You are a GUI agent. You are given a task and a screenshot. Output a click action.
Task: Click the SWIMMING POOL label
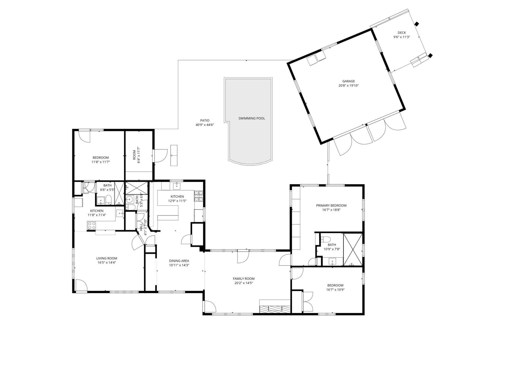(251, 118)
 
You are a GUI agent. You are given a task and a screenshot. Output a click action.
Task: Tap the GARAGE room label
(349, 81)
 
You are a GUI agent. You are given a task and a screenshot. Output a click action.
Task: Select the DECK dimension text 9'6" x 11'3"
(402, 37)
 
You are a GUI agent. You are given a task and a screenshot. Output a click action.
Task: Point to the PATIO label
(205, 121)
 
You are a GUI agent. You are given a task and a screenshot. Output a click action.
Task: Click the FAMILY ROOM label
(244, 279)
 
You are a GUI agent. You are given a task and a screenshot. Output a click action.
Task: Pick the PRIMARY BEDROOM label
(331, 206)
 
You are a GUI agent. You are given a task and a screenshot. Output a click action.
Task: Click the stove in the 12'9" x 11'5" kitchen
(199, 196)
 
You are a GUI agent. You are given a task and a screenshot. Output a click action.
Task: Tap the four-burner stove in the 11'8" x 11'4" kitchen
(92, 225)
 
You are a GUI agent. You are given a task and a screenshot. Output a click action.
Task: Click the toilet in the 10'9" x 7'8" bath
(325, 239)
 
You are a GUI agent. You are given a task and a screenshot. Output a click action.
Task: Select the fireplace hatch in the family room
(275, 310)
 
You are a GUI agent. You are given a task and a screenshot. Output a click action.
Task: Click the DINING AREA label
(179, 261)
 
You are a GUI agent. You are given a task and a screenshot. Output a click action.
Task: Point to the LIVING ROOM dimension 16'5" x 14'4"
(107, 262)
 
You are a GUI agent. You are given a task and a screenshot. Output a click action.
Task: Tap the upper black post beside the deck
(416, 24)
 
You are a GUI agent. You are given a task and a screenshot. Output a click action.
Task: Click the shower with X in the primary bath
(353, 249)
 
